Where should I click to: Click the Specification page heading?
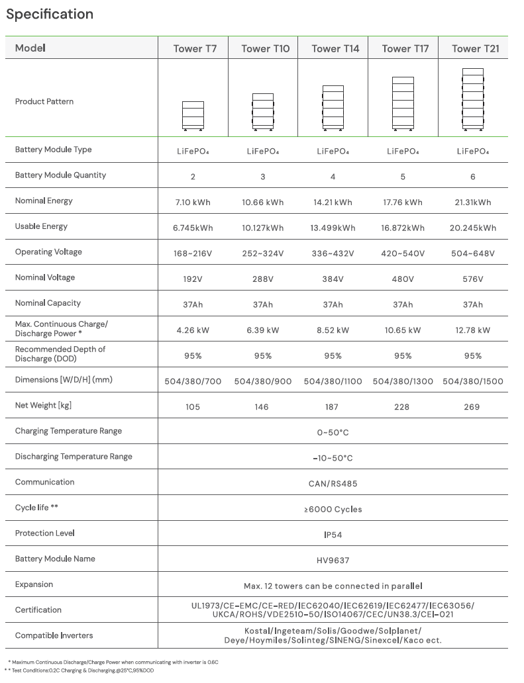tap(50, 14)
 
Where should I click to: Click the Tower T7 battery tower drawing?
tap(193, 114)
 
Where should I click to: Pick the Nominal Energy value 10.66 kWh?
tap(263, 203)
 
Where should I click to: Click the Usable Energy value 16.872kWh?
tap(403, 228)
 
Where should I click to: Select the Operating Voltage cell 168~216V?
tap(193, 253)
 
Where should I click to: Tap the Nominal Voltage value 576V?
tap(473, 279)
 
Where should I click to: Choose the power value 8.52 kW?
tap(333, 330)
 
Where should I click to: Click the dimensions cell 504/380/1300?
tap(403, 381)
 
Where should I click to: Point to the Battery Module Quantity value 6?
tap(472, 177)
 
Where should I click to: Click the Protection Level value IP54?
tap(333, 535)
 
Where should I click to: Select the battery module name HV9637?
tap(333, 561)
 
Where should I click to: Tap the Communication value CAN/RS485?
tap(333, 484)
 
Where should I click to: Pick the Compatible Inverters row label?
tap(54, 635)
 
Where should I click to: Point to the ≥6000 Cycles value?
tap(333, 510)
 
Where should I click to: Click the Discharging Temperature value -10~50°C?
tap(333, 458)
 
